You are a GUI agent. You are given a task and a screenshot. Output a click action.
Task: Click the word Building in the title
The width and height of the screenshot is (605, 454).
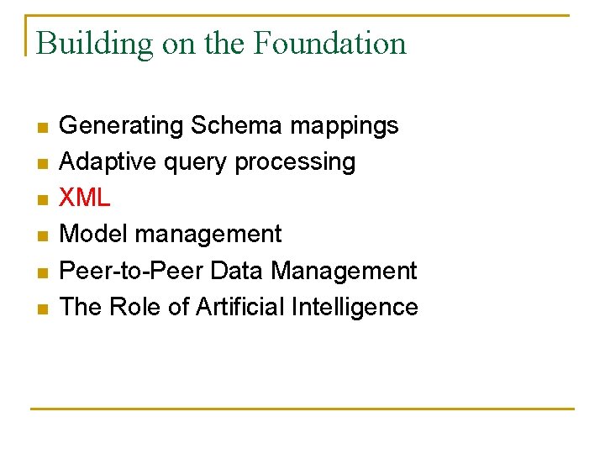click(95, 44)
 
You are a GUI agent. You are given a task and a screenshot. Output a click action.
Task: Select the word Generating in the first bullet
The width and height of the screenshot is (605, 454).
click(122, 126)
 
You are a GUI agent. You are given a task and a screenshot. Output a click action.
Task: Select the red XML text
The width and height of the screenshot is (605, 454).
click(85, 198)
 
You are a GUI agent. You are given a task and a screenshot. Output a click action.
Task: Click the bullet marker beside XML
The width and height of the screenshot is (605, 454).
click(42, 200)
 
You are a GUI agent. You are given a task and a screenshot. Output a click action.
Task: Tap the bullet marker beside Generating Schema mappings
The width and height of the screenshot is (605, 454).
click(42, 128)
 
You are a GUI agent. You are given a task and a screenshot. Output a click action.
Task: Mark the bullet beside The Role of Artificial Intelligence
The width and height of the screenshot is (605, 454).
click(42, 309)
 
